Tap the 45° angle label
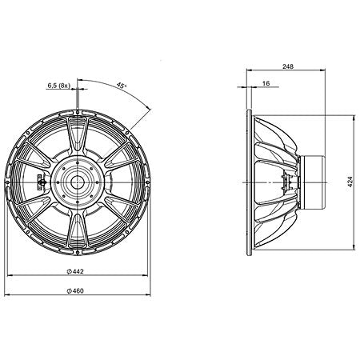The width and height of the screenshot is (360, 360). click(121, 86)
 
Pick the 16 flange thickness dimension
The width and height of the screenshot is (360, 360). click(265, 83)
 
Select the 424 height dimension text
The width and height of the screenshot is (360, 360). click(350, 182)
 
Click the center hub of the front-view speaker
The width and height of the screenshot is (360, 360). click(78, 182)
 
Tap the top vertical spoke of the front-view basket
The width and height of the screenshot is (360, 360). click(78, 132)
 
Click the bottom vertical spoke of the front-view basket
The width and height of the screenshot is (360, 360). click(78, 232)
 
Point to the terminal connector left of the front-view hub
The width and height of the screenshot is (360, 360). click(42, 182)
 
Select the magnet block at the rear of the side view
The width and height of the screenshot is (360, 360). click(315, 182)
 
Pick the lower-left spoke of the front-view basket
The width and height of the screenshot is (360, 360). click(44, 217)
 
